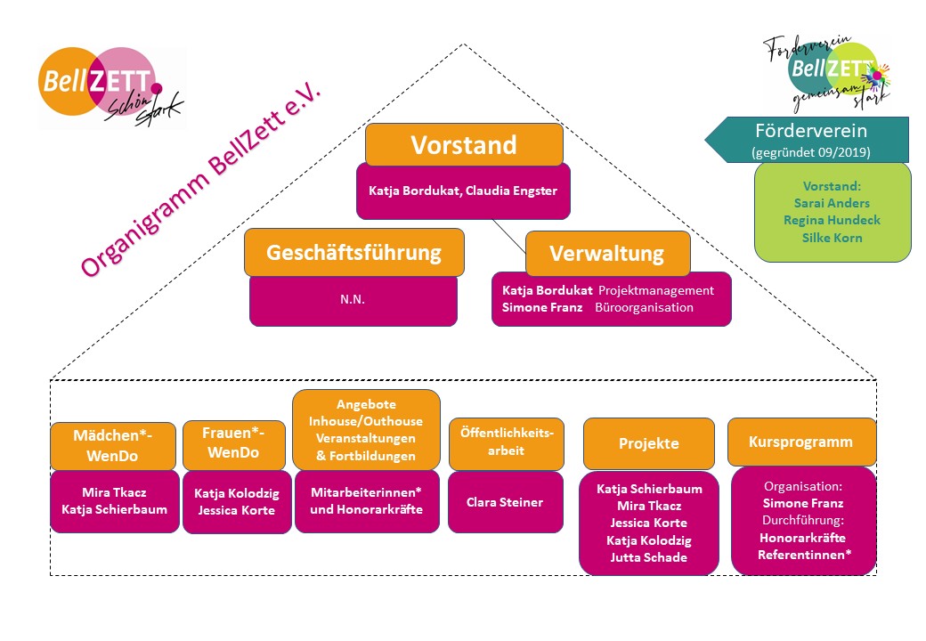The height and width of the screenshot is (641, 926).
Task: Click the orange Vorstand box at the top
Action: (x=464, y=144)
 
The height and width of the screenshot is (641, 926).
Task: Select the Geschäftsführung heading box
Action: (x=353, y=252)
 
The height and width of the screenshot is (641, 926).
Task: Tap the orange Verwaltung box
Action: (x=607, y=254)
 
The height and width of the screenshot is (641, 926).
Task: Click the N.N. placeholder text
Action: (x=353, y=300)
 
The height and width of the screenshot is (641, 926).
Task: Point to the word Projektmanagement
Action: (x=656, y=290)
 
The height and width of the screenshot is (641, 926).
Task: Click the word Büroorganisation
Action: (x=646, y=307)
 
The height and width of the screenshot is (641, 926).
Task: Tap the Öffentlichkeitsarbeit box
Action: (x=506, y=443)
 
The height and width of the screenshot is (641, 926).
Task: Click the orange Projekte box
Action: (x=648, y=443)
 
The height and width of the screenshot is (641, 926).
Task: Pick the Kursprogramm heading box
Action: (x=801, y=442)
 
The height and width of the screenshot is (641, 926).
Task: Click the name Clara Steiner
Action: (x=505, y=502)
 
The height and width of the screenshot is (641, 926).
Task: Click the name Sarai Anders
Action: (x=832, y=201)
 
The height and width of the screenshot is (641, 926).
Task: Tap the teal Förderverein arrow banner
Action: (x=808, y=139)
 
